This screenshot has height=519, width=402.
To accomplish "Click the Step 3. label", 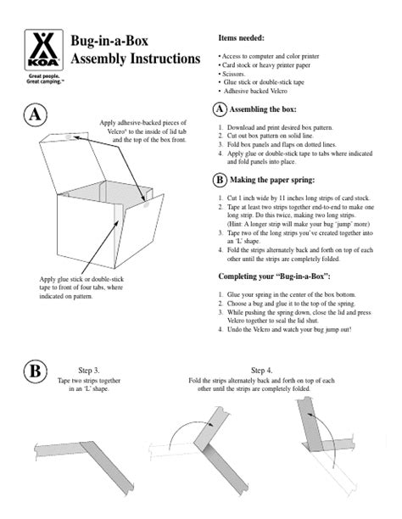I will [89, 371].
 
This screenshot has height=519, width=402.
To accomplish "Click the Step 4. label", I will [262, 371].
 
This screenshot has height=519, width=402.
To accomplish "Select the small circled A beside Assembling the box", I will [219, 109].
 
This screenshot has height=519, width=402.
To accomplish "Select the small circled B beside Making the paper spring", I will [219, 180].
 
